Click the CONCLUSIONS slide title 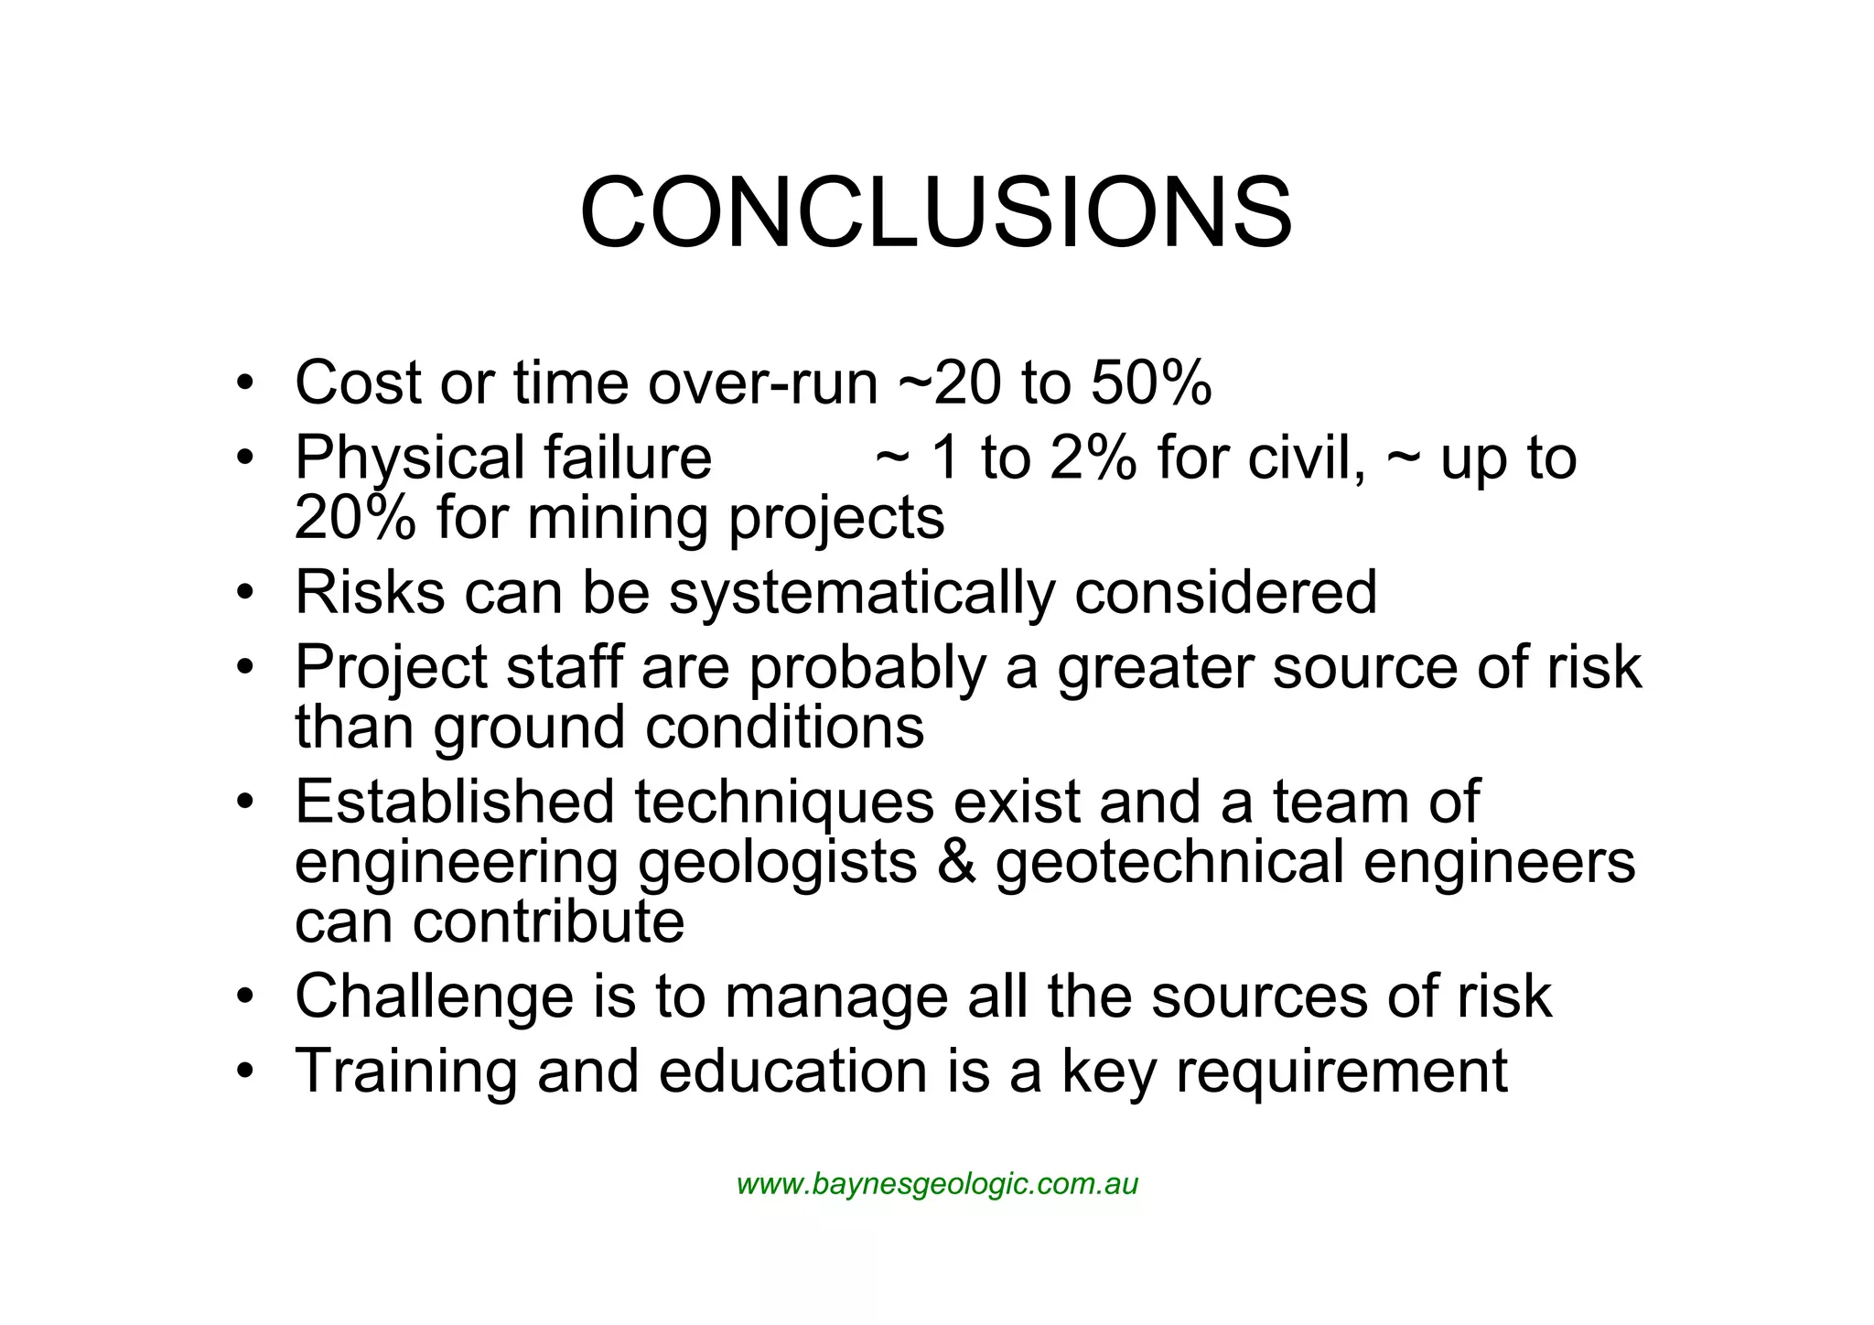click(x=936, y=212)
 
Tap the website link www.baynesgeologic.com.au click(x=937, y=1184)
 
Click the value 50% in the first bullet click(x=1151, y=382)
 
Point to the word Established click(x=454, y=802)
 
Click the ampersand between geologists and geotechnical click(x=956, y=862)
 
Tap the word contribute click(x=548, y=921)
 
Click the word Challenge click(x=434, y=996)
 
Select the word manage click(x=836, y=996)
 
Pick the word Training click(x=406, y=1072)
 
